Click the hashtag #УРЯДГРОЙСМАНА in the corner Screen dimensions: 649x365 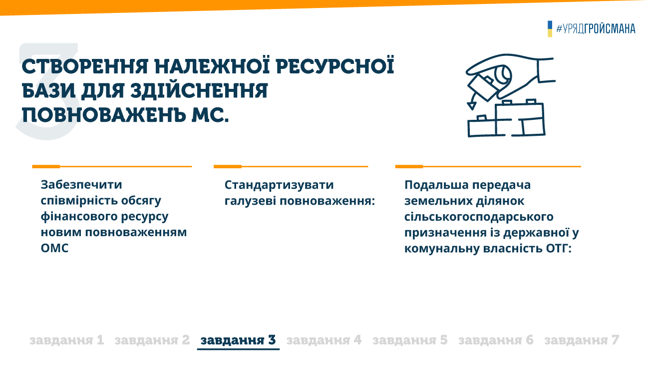click(596, 28)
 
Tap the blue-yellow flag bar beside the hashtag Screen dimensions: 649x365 click(550, 29)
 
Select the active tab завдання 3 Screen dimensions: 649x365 click(238, 340)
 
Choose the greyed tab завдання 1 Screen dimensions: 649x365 click(66, 340)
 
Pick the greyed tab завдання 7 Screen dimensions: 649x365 click(582, 340)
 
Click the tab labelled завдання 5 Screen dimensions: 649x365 click(410, 340)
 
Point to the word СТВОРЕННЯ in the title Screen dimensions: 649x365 click(85, 66)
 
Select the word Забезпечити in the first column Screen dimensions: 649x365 click(81, 185)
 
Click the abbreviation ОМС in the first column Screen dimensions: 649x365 click(54, 248)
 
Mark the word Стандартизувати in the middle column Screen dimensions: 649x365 click(279, 185)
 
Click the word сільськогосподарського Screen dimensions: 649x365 click(479, 217)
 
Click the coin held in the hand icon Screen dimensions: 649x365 click(503, 75)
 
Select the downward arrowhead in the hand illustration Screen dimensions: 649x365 click(472, 106)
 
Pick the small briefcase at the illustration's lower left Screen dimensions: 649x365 click(482, 126)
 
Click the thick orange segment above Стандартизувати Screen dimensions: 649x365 click(228, 167)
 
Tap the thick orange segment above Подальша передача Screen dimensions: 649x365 click(409, 167)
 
